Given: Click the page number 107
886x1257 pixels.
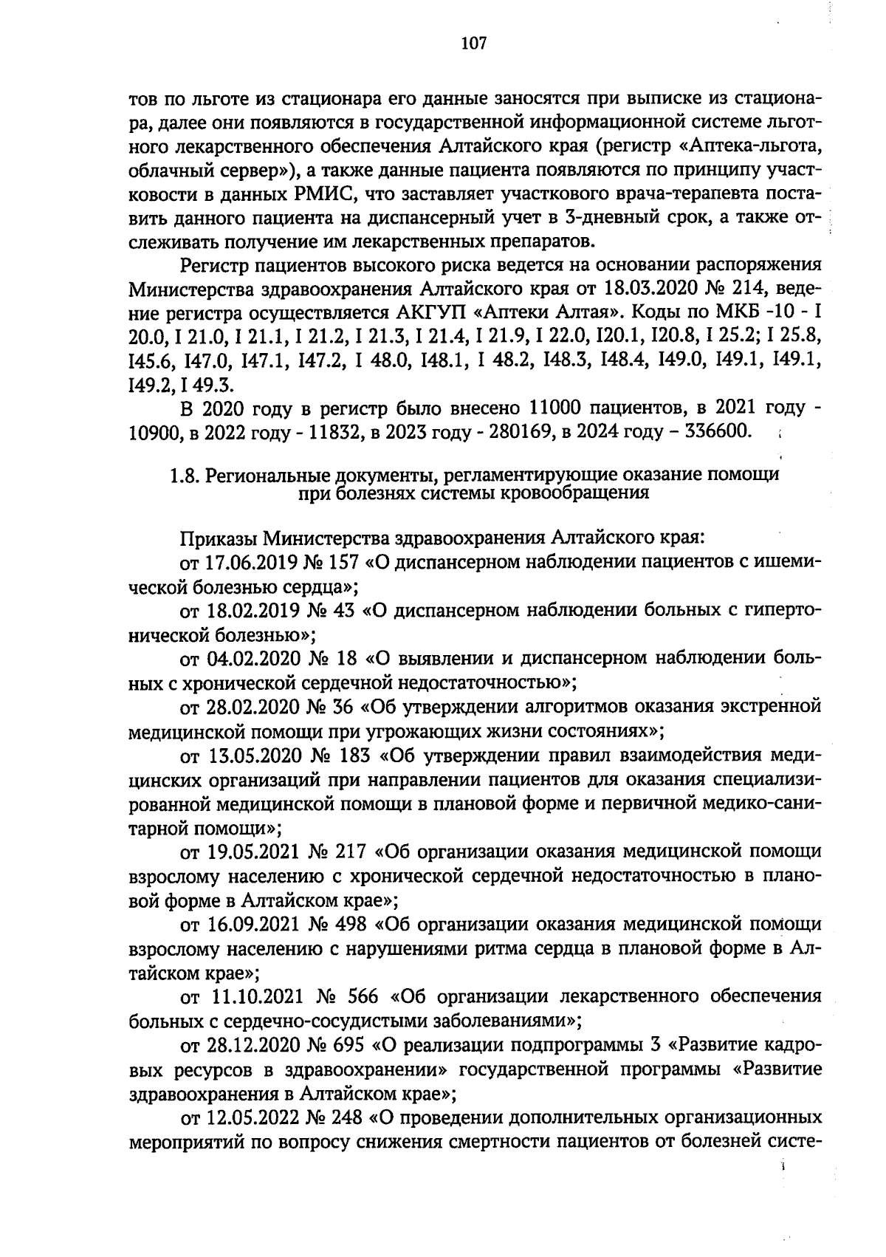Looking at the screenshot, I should click(x=473, y=44).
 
